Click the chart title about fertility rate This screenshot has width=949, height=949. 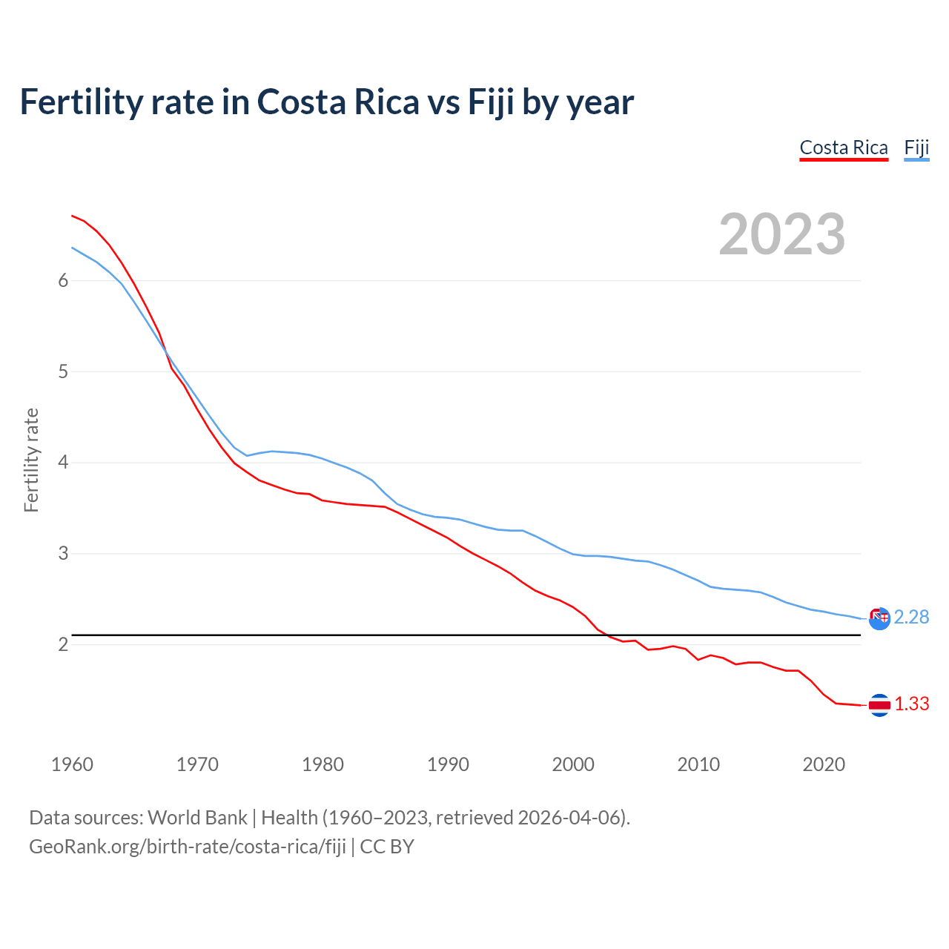tap(326, 102)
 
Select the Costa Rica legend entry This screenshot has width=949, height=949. tap(844, 148)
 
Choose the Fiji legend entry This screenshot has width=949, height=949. tap(916, 148)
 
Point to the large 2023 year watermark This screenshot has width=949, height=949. tap(781, 234)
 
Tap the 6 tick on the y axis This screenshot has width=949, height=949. tap(63, 280)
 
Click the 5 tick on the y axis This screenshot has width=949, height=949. tap(63, 371)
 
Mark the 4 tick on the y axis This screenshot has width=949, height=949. tap(63, 463)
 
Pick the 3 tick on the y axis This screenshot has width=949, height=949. tap(63, 554)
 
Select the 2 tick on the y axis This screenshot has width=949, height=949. tap(63, 644)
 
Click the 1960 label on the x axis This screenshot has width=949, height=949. tap(72, 764)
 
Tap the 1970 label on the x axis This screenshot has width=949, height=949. tap(197, 764)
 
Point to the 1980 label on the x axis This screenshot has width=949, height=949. tap(323, 764)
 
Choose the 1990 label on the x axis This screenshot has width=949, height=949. tap(448, 764)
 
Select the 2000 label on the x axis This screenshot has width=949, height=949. tap(573, 764)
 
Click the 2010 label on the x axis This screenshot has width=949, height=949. tap(698, 764)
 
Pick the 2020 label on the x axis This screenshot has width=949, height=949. tap(824, 764)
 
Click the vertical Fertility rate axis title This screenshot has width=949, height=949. tap(31, 460)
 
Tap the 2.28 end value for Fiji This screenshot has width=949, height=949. tap(911, 617)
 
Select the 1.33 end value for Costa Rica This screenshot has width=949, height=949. tap(911, 704)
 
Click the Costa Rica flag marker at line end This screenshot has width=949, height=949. tap(879, 705)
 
